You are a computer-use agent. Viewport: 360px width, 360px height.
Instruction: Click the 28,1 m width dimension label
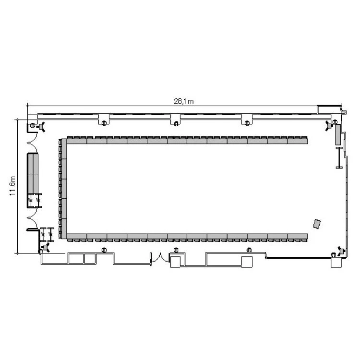coord(183,101)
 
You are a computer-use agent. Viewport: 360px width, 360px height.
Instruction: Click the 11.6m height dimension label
coord(12,186)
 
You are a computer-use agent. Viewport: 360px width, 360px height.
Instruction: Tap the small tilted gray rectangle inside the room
coord(317,224)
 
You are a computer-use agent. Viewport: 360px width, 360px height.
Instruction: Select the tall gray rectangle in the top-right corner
coord(338,134)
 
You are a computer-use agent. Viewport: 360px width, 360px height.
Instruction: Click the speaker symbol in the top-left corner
coord(41,127)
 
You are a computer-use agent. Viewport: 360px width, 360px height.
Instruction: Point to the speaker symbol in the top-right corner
coord(329,126)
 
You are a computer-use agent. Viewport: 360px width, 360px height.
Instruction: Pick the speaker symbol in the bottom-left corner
coord(46,247)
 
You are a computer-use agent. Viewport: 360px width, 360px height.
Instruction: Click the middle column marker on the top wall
coord(176,124)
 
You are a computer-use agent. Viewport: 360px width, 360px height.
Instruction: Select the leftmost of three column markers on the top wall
coord(104,123)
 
